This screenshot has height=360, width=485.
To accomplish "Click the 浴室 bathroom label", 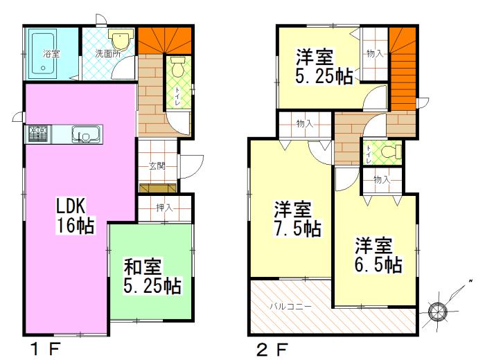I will (51, 53).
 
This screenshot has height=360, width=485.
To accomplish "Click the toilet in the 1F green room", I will (176, 68).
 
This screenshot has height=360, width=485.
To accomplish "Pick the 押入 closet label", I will (164, 207).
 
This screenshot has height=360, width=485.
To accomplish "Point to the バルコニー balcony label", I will (290, 305).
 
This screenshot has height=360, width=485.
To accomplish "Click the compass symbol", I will (439, 311).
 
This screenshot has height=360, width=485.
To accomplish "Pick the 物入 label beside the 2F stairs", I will (375, 53).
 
